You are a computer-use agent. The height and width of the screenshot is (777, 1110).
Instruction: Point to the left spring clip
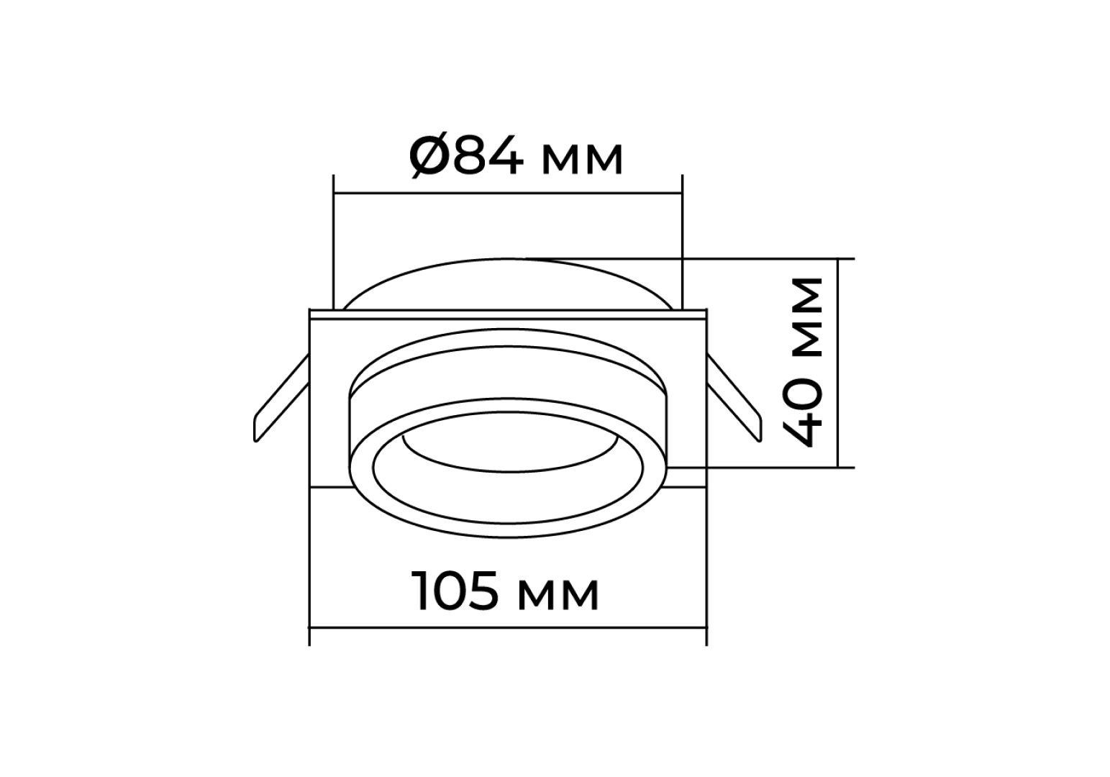[281, 398]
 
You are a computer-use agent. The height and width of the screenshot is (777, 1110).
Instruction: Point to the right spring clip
[734, 398]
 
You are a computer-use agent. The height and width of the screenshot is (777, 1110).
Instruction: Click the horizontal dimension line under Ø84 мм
[508, 194]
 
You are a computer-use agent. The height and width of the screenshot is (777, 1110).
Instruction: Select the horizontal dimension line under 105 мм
[508, 627]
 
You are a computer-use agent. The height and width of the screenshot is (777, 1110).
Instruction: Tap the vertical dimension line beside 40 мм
[838, 363]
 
